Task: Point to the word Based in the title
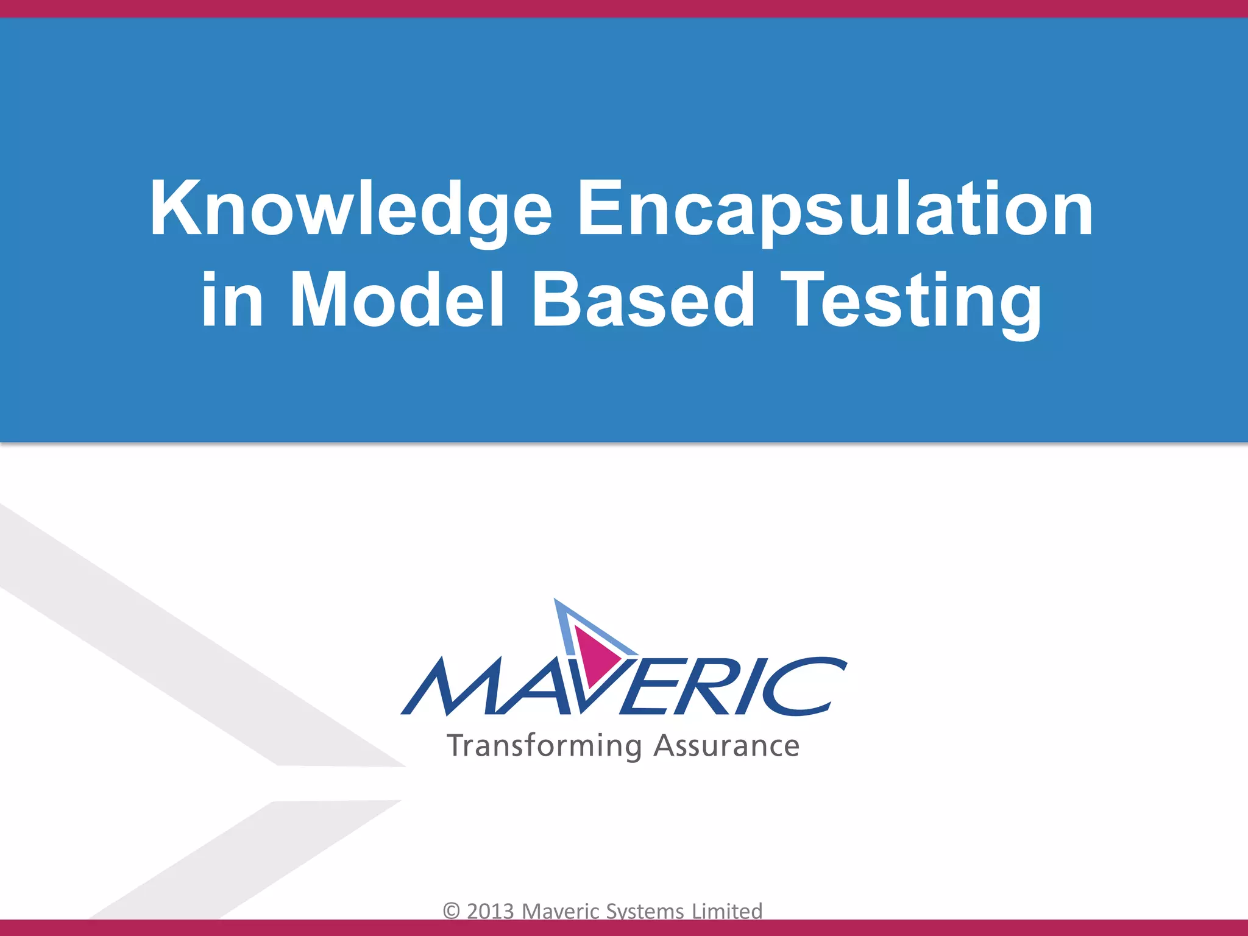click(643, 300)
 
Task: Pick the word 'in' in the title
click(232, 300)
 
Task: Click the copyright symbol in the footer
click(452, 911)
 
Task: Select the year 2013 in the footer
click(491, 911)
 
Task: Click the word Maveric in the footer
click(561, 911)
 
